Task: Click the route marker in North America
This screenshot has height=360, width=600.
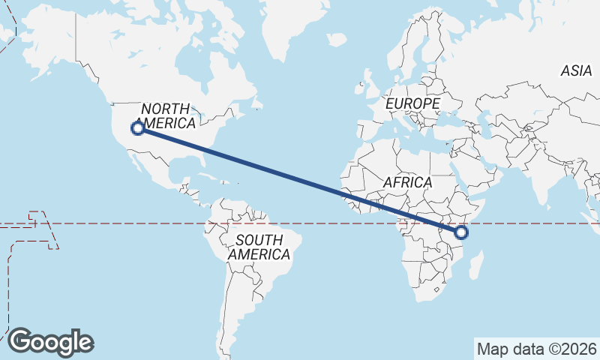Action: click(138, 128)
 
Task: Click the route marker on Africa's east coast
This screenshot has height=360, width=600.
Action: click(461, 233)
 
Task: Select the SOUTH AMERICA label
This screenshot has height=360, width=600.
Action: click(259, 247)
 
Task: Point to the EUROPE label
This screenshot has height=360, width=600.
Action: click(412, 103)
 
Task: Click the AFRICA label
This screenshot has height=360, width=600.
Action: click(407, 182)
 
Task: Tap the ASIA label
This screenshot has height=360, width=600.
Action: click(576, 71)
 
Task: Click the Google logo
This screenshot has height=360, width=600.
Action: click(50, 342)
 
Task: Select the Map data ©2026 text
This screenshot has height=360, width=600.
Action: click(536, 349)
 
